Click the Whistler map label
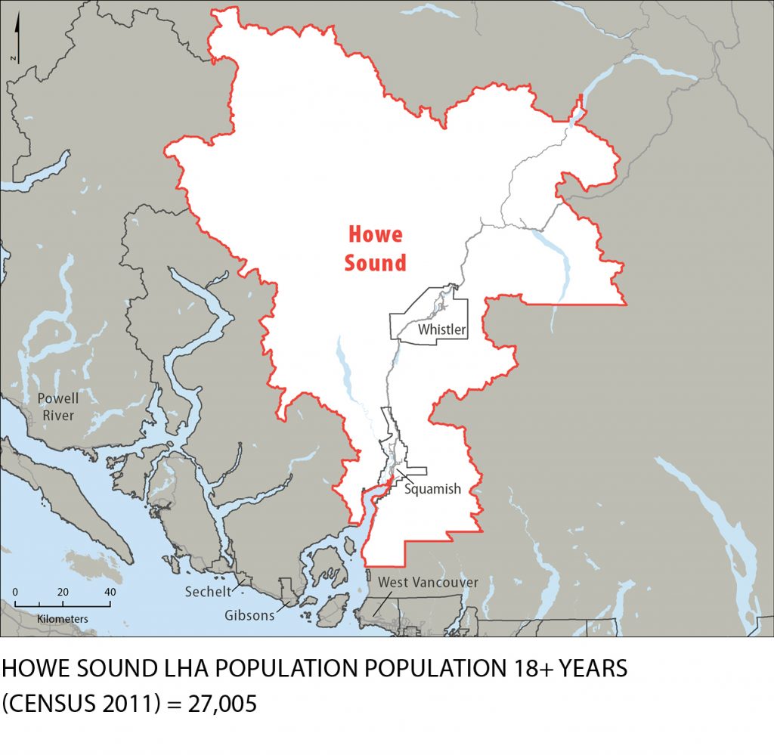[x=442, y=330]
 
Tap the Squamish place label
[x=432, y=489]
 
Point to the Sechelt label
[x=208, y=592]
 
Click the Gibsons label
[x=249, y=615]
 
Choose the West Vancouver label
[x=428, y=583]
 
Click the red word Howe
[x=375, y=234]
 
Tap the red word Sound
[x=375, y=263]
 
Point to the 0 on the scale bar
[x=15, y=592]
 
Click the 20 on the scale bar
[x=63, y=592]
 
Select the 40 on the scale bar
[x=110, y=592]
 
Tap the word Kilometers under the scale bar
[x=63, y=619]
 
